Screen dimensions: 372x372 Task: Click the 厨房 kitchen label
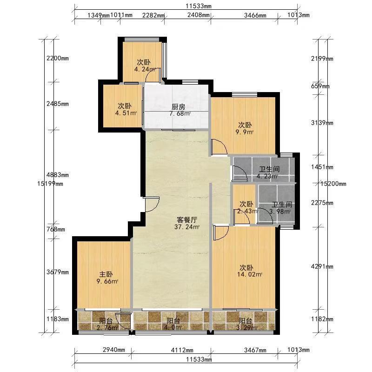tap(178, 106)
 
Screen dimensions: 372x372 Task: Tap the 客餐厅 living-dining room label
tap(187, 219)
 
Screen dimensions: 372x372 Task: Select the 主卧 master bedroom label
tap(106, 274)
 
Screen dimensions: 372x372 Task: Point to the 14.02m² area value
tap(250, 274)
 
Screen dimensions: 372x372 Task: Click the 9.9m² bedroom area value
tap(245, 132)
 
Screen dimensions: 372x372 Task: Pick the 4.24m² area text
tap(145, 69)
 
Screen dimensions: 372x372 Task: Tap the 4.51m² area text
tap(126, 113)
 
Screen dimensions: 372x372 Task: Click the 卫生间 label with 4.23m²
tap(269, 169)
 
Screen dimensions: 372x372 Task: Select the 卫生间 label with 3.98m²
tap(282, 205)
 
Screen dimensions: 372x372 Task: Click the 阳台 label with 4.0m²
tap(173, 321)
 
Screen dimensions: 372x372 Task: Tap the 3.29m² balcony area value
tap(246, 328)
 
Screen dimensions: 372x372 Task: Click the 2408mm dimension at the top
tap(199, 15)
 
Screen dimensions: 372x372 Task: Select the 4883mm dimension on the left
tap(58, 175)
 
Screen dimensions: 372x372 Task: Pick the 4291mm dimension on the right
tap(322, 266)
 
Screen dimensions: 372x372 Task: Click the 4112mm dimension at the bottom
tap(182, 350)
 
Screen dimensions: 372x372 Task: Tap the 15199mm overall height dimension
tap(50, 183)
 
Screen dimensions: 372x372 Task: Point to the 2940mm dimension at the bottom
tap(114, 350)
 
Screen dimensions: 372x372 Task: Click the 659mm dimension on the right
tap(320, 86)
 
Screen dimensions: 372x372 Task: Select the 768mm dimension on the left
tap(56, 229)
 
